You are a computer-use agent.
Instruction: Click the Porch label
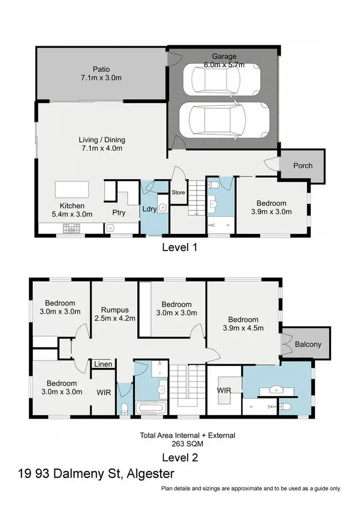point(302,166)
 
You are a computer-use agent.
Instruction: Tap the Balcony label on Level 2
point(308,344)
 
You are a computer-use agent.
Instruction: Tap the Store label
point(178,192)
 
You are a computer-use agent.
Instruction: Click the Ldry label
point(148,210)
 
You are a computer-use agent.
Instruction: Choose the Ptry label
point(119,213)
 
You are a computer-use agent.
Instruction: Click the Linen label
point(103,365)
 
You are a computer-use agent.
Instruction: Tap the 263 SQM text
point(187,444)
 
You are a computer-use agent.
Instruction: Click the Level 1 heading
point(180,248)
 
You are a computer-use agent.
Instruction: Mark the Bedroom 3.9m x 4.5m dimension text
point(243,328)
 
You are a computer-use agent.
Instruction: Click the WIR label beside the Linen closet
point(104,392)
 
